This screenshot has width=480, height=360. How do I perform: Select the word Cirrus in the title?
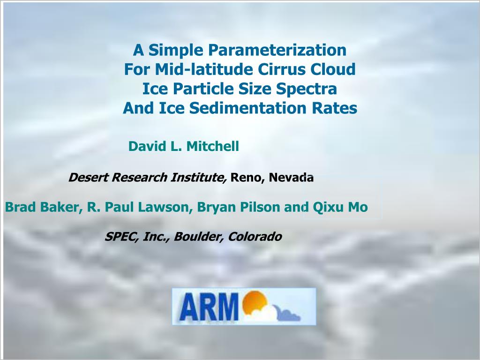tap(282, 69)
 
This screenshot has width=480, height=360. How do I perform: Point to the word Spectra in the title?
tap(307, 89)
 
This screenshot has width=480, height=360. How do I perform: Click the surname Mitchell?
tap(213, 146)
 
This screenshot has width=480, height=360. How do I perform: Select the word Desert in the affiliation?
tap(88, 177)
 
